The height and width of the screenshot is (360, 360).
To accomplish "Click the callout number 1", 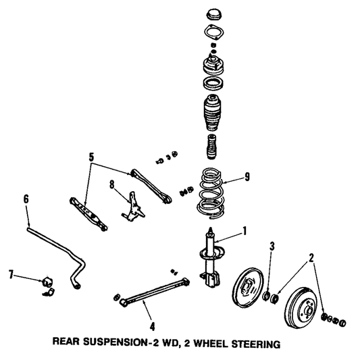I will pos(245,230).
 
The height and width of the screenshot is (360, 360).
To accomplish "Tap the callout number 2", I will pos(311,257).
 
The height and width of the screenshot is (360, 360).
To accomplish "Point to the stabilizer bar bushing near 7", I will pos(49,284).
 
